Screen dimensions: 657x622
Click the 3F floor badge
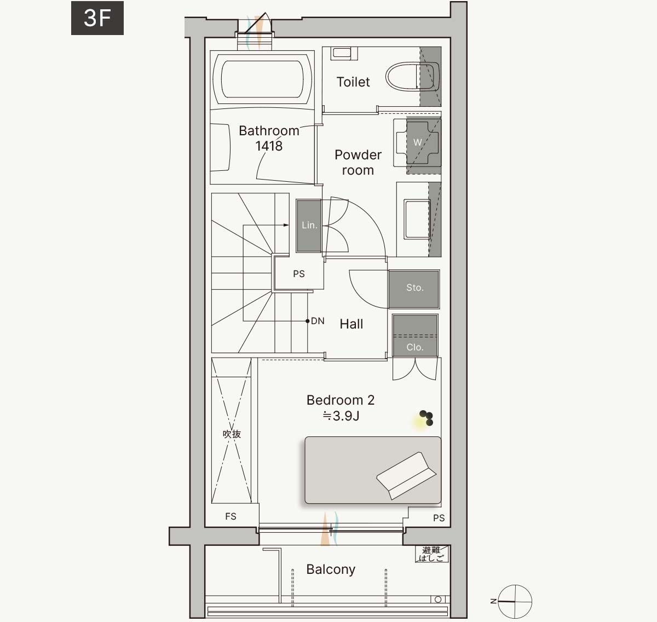(x=97, y=18)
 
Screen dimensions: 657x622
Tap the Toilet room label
(x=353, y=82)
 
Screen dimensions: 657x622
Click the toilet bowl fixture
(x=412, y=77)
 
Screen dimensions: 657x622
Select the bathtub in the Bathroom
(x=262, y=79)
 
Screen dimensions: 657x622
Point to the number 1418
(x=269, y=146)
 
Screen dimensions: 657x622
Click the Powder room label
(x=358, y=163)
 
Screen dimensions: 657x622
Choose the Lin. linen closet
(x=309, y=225)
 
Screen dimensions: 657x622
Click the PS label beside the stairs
(x=299, y=274)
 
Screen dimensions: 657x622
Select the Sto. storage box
(x=414, y=289)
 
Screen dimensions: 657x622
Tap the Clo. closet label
(x=415, y=347)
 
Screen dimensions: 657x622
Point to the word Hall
(x=351, y=324)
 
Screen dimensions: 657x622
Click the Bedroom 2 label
(x=341, y=400)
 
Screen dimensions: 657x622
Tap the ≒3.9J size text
(x=341, y=416)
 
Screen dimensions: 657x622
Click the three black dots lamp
(x=427, y=418)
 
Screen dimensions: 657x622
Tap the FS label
(x=230, y=516)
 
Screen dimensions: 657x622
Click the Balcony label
(x=331, y=569)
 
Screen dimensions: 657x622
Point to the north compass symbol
(x=515, y=602)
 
